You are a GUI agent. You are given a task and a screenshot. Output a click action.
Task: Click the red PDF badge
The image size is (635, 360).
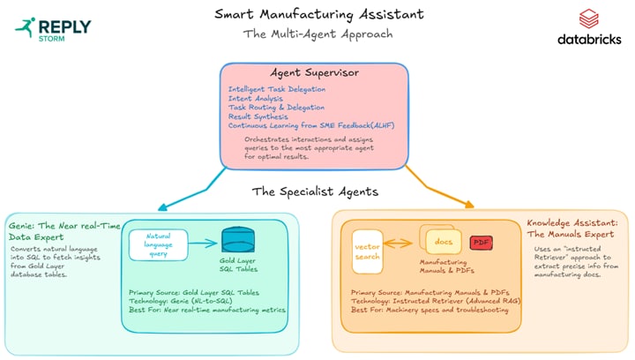point(481,243)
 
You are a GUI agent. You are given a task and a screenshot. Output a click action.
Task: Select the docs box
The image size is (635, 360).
point(443,242)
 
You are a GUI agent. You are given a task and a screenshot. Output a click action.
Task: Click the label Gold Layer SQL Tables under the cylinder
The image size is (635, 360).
point(236,267)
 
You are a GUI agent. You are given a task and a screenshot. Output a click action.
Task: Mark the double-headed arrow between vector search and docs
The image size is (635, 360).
point(400,244)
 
